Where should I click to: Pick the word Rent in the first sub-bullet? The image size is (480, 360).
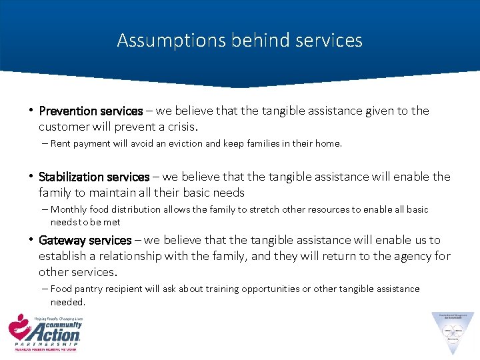60,143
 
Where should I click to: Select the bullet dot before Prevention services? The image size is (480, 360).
32,111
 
